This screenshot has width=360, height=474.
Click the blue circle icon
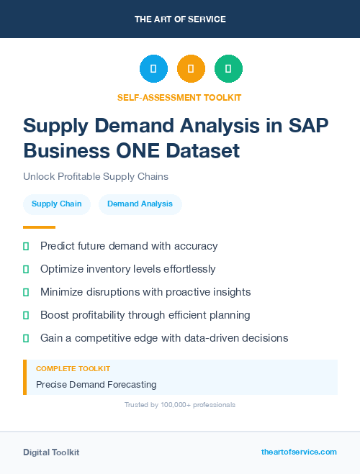point(153,68)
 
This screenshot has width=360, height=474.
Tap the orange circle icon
point(191,68)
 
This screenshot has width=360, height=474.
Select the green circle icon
point(228,68)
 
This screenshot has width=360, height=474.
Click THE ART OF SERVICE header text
point(180,19)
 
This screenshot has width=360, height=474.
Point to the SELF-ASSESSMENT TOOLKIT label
point(180,97)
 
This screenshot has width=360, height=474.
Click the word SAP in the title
point(308,126)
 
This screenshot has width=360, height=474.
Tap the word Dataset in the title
point(206,151)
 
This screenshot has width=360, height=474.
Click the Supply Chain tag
point(57,204)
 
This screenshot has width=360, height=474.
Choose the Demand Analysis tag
point(140,204)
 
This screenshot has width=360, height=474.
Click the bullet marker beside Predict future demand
point(26,246)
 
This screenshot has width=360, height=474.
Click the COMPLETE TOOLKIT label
point(73,368)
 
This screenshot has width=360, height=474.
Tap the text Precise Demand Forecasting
point(96,385)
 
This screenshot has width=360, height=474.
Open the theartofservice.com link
point(299,452)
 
